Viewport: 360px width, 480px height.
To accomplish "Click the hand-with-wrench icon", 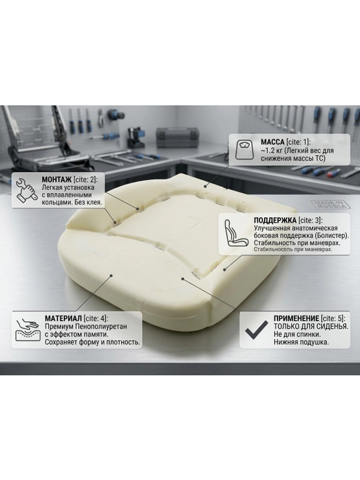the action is pos(26,191).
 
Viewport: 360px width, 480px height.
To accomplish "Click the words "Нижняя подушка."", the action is pos(301,342).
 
